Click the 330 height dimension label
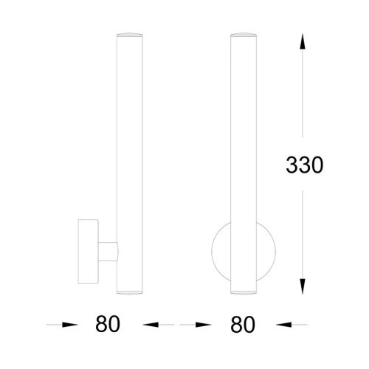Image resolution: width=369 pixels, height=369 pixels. tap(304, 165)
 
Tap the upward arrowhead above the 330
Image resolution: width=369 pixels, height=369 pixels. tap(303, 42)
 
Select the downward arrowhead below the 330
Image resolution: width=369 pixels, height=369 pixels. tap(303, 286)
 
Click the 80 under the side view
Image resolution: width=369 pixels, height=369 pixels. tap(108, 324)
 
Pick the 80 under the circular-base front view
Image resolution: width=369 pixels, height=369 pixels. tap(243, 325)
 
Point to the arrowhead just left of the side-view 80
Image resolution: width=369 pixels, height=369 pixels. tap(70, 325)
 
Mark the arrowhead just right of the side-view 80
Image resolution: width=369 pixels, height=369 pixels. tap(151, 325)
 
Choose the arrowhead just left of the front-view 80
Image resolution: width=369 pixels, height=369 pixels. tap(203, 325)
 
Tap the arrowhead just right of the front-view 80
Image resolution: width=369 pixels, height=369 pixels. tap(284, 325)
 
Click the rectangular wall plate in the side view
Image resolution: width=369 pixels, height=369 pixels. tap(89, 252)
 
